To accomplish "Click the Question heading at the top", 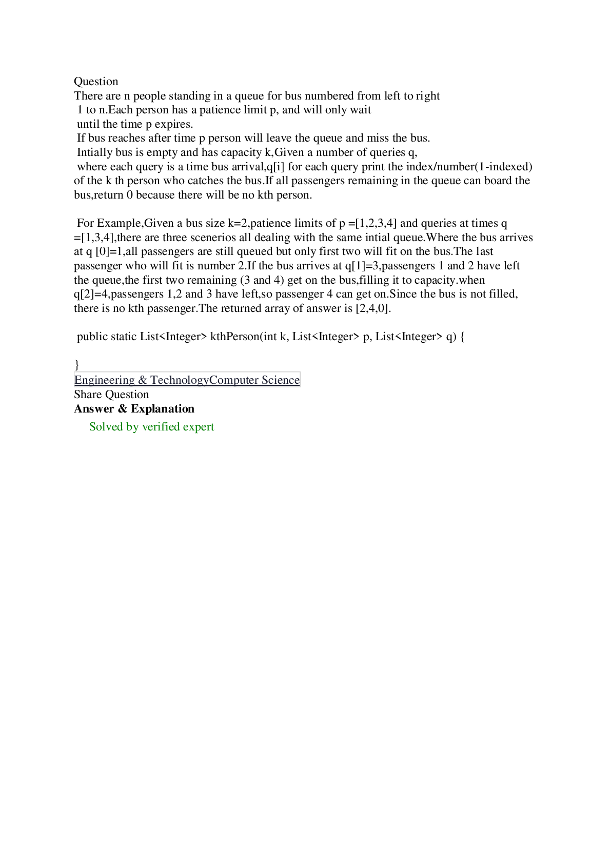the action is click(x=96, y=82).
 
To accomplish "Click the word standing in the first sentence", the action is click(x=189, y=95).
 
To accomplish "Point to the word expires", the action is click(x=174, y=124).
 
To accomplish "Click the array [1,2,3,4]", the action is click(x=376, y=223).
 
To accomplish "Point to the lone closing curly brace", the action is click(x=76, y=364).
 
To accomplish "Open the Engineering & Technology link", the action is click(x=142, y=380).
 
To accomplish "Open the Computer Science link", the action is click(x=254, y=380).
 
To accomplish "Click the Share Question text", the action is click(x=111, y=394).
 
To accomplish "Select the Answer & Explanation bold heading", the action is click(x=134, y=408).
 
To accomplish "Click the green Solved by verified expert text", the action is click(x=151, y=426).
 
